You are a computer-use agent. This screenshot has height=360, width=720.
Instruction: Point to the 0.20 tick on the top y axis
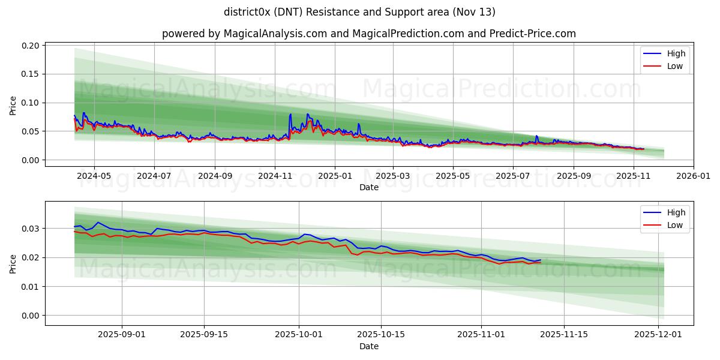point(31,46)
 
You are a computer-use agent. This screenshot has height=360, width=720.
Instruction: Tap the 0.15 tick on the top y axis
point(31,74)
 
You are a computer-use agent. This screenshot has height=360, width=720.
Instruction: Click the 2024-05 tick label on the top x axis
point(94,176)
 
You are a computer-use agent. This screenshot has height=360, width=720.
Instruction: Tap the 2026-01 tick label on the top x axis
point(694,176)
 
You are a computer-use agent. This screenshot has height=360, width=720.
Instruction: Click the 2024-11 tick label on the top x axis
point(275,176)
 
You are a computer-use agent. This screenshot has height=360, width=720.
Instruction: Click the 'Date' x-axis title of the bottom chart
point(368,346)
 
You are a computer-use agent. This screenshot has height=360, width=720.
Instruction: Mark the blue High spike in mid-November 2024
point(290,114)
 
